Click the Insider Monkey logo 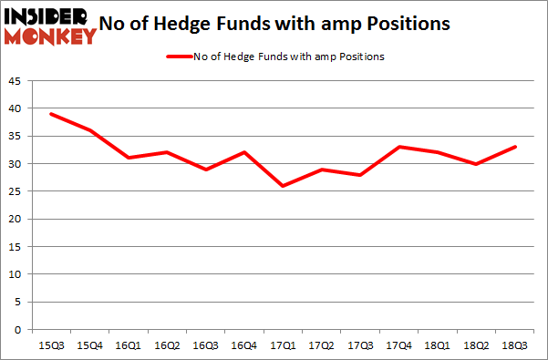pyautogui.click(x=50, y=25)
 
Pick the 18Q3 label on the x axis pyautogui.click(x=512, y=345)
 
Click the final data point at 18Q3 pyautogui.click(x=512, y=147)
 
